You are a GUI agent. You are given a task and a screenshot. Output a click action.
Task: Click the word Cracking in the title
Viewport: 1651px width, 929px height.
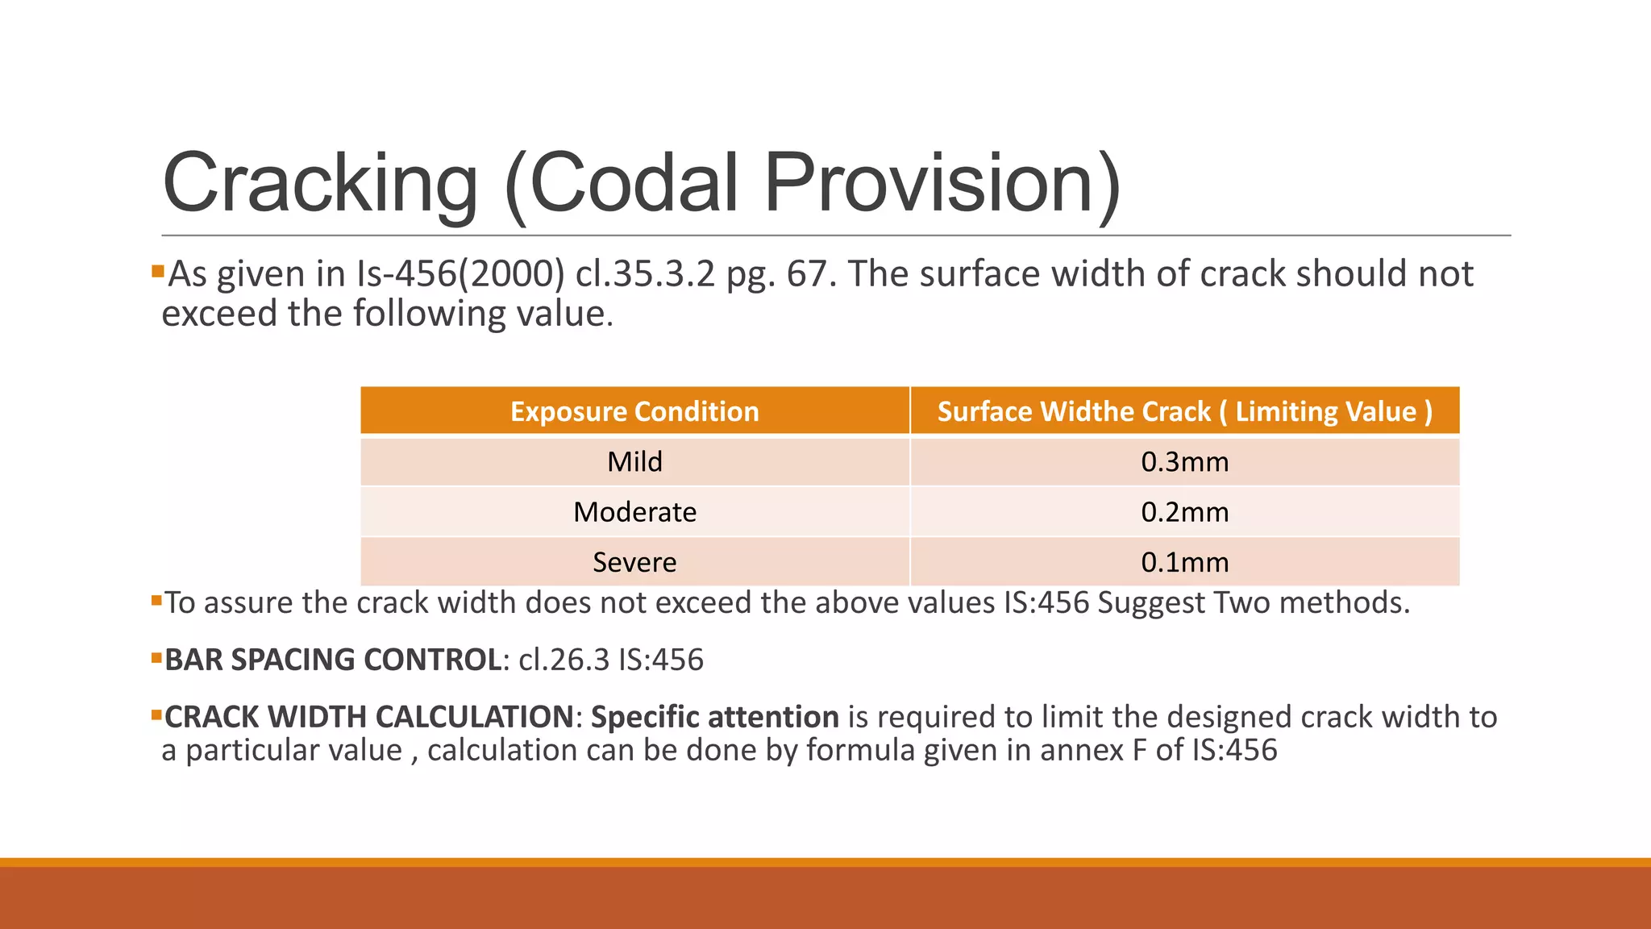(320, 184)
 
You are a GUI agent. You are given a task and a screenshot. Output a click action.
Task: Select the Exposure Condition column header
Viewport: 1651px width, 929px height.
(634, 411)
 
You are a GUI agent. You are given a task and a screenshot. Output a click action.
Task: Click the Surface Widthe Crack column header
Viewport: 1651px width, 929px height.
(1184, 411)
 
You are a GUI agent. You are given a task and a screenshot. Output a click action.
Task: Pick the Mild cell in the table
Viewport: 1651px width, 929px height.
(634, 462)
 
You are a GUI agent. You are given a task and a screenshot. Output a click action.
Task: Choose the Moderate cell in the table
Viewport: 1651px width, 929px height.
(634, 512)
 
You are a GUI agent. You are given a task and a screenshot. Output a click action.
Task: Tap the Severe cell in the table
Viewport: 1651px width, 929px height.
(634, 562)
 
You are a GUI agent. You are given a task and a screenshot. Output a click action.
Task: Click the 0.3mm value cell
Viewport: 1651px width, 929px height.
(1184, 462)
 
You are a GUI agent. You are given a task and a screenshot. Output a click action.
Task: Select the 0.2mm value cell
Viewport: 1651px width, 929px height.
(1184, 512)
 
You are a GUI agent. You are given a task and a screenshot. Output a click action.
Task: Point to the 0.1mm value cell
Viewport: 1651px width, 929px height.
(1184, 562)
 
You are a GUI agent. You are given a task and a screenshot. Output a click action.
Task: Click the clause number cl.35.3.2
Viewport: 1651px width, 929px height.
(645, 274)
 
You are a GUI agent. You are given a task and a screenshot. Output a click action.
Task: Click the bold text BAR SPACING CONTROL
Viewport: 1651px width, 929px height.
(334, 660)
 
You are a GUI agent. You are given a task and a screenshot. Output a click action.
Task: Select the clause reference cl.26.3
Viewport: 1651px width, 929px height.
(564, 660)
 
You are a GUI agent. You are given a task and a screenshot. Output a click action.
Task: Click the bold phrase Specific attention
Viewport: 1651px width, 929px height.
(714, 717)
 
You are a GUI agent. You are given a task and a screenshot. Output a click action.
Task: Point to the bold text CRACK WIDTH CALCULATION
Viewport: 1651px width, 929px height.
(369, 717)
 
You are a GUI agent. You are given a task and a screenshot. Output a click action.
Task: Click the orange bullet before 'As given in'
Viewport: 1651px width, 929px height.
(157, 269)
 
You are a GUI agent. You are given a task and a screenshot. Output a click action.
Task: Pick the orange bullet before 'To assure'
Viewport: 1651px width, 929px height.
(156, 599)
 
